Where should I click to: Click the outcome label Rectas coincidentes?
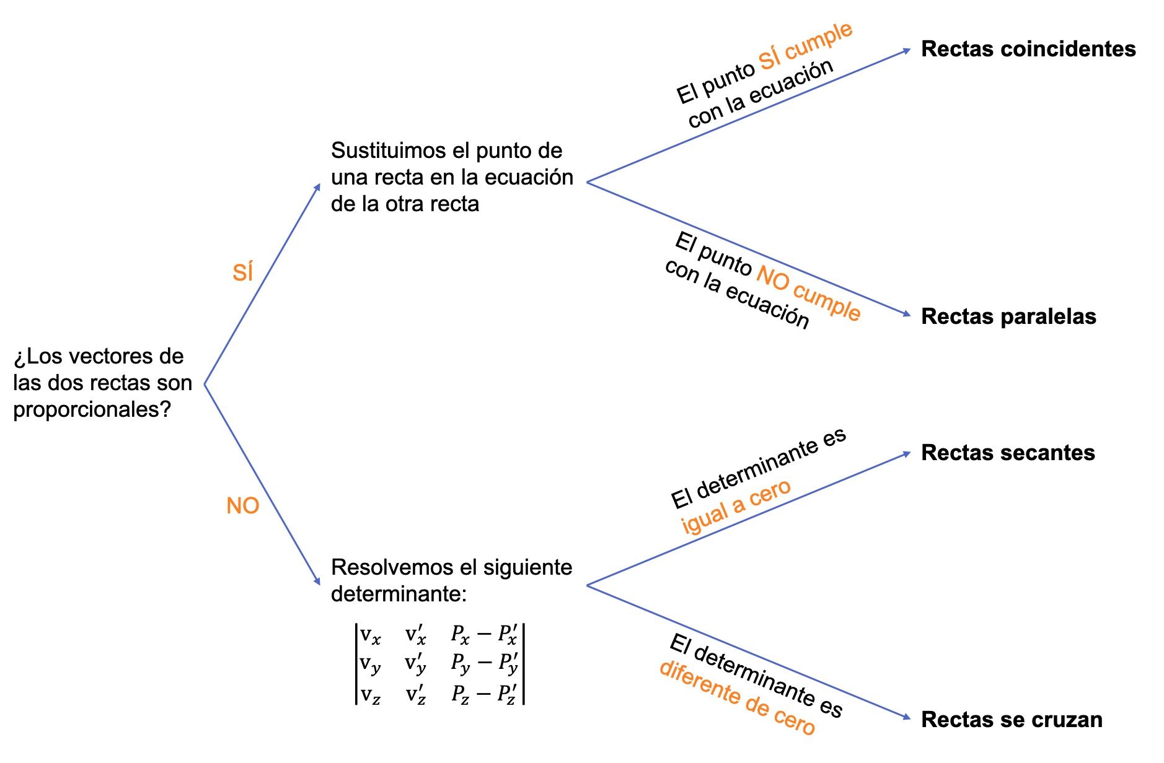(1028, 49)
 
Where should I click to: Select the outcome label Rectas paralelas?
(1008, 316)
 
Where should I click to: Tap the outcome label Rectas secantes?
(1007, 453)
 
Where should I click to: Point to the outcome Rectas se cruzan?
(1011, 720)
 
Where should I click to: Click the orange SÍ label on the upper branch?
(242, 272)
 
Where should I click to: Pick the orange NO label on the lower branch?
(242, 506)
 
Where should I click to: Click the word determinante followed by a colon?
(399, 594)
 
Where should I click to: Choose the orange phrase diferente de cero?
(737, 699)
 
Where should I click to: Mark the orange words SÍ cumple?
(806, 46)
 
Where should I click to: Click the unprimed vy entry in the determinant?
(371, 664)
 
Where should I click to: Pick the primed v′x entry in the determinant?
(416, 635)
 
